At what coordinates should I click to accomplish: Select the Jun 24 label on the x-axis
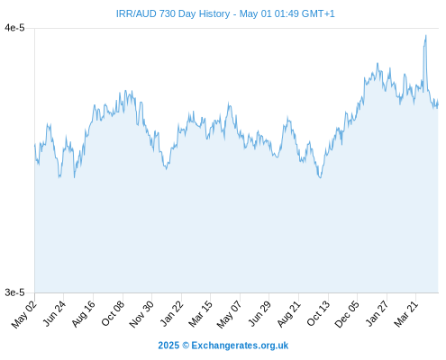(x=54, y=313)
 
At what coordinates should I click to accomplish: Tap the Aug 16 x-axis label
(x=83, y=313)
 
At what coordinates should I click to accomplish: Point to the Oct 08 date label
(x=113, y=313)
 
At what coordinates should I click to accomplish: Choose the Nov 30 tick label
(x=141, y=314)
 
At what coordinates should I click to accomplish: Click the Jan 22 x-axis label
(x=171, y=313)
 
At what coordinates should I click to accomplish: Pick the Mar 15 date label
(x=200, y=313)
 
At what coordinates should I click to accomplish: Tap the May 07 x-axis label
(x=229, y=314)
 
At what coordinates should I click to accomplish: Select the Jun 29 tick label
(x=259, y=313)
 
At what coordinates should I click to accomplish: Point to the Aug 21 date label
(x=288, y=313)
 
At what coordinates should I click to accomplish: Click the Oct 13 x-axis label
(x=318, y=313)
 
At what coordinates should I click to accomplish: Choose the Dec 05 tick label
(x=347, y=314)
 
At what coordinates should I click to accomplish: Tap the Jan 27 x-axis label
(x=377, y=313)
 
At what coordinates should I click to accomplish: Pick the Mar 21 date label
(x=405, y=313)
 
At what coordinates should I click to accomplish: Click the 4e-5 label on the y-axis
(x=14, y=28)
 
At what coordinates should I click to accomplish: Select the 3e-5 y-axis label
(x=14, y=292)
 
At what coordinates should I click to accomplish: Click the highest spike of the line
(x=425, y=36)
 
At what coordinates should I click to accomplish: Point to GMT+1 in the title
(x=318, y=13)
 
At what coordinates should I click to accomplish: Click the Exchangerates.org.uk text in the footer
(x=240, y=346)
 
